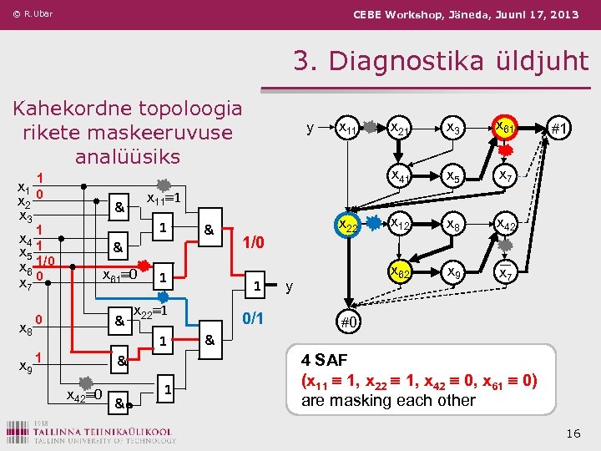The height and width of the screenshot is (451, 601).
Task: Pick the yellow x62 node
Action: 400,272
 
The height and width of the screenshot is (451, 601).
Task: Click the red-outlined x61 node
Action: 504,129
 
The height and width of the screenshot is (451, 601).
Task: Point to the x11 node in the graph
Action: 347,129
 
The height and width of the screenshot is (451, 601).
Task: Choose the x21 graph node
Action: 400,129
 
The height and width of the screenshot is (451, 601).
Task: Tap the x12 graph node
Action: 400,225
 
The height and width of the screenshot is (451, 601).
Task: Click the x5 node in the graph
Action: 452,177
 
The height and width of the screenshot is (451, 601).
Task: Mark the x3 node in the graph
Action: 452,129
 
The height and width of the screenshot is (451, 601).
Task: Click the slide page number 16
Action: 573,433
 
